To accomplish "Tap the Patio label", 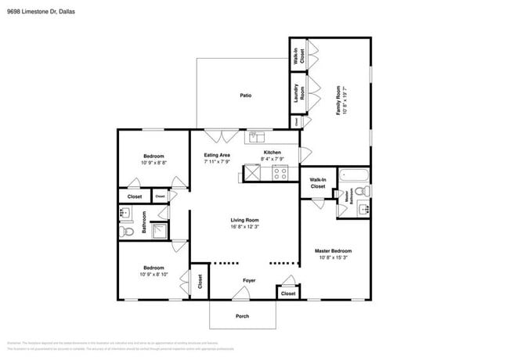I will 245,95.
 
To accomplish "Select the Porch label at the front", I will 243,316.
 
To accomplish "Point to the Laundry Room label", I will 298,94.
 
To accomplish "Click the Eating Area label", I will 217,155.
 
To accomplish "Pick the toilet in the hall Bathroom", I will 125,231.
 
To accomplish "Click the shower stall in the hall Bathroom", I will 159,230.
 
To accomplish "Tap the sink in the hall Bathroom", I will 124,212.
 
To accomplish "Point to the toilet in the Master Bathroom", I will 361,192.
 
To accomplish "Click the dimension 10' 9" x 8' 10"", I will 153,274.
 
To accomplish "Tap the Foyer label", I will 249,279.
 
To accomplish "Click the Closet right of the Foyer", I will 287,293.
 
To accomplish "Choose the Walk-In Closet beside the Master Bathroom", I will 317,183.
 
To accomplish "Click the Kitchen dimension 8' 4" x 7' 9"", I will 272,160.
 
